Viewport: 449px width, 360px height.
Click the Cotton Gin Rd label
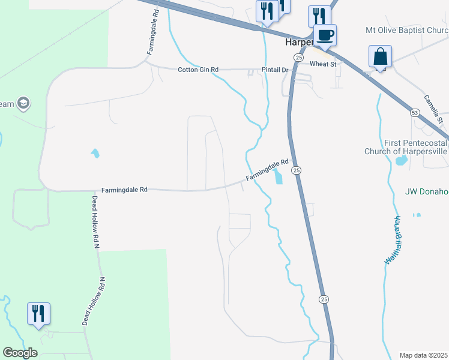point(197,70)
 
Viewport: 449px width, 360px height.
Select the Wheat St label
point(323,64)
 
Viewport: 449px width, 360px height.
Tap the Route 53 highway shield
point(414,112)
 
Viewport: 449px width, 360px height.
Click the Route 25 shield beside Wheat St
point(298,57)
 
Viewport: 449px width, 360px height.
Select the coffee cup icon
point(325,34)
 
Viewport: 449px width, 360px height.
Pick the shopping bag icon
point(381,57)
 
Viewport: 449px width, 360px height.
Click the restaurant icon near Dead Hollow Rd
point(38,313)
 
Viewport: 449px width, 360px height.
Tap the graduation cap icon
point(24,103)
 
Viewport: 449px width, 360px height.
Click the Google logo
point(20,353)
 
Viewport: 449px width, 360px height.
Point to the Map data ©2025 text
point(423,355)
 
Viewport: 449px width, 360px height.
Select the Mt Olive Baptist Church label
point(407,30)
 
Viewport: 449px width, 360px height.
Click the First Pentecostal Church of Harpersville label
point(406,148)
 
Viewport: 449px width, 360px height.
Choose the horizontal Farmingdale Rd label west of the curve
point(124,190)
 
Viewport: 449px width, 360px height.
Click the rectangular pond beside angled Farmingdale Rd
point(277,176)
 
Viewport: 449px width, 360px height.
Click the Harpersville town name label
point(298,44)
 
